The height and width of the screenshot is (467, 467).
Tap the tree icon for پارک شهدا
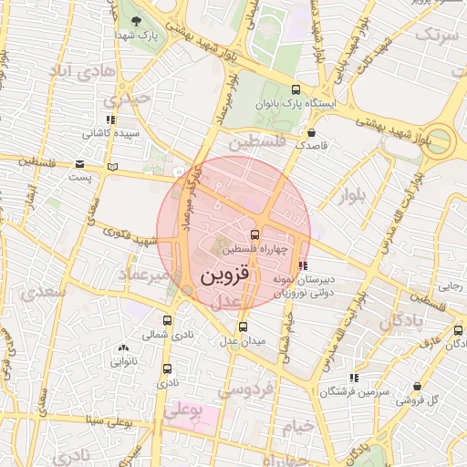[136, 20]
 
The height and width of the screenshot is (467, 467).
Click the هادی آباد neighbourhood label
[82, 70]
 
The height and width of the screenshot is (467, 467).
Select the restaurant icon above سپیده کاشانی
[110, 119]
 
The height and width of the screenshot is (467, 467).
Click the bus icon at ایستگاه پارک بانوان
[295, 89]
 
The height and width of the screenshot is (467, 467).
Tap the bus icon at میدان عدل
[242, 327]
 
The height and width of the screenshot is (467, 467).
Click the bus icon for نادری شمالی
[167, 320]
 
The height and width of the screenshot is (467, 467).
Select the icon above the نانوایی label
[123, 348]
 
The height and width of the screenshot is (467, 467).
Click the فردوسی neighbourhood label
[245, 390]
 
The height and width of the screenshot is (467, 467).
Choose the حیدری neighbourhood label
[125, 99]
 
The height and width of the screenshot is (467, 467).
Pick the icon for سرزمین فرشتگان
[353, 378]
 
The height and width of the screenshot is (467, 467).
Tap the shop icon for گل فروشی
[417, 387]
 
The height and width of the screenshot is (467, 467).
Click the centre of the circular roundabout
[440, 139]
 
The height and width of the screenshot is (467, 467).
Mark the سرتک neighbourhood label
[436, 35]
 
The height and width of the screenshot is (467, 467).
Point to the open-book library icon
[112, 168]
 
